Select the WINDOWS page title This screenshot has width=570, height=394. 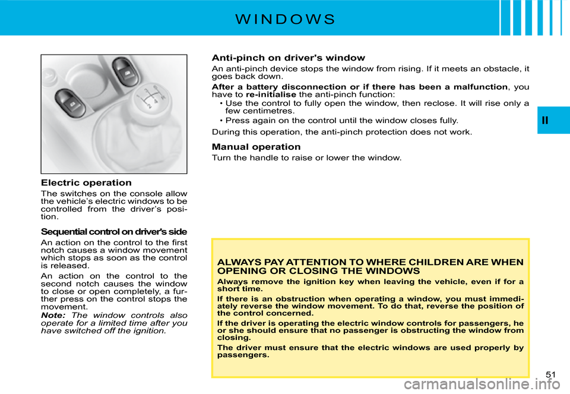point(285,18)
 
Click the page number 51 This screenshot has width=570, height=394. point(550,374)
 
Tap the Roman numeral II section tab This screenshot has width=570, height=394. point(545,121)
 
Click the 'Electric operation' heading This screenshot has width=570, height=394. point(86,183)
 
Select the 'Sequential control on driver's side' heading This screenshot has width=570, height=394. point(113,231)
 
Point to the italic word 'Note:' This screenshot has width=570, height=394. point(53,315)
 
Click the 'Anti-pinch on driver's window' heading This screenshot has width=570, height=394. point(288,58)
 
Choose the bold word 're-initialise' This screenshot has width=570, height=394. point(271,94)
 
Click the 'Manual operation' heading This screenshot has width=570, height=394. point(256,147)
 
